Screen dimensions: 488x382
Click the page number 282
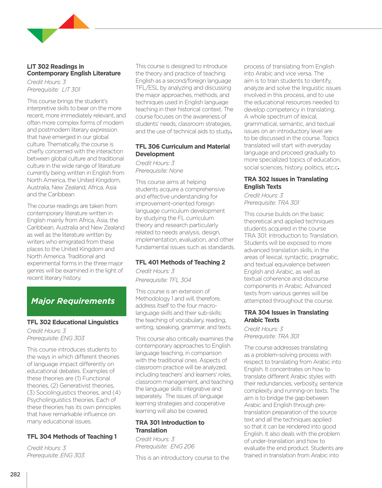coord(15,474)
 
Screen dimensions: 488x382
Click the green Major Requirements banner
coord(77,301)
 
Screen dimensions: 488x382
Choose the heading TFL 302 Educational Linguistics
coord(73,322)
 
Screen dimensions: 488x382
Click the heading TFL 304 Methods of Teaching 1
coord(72,437)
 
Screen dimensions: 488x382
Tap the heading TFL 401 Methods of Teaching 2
coord(180,262)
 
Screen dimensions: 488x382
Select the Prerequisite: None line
coord(159,171)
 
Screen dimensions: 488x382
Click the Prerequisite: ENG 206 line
coord(165,447)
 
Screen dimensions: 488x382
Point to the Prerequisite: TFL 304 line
coord(163,280)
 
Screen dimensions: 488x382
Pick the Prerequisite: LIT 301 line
coord(54,90)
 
